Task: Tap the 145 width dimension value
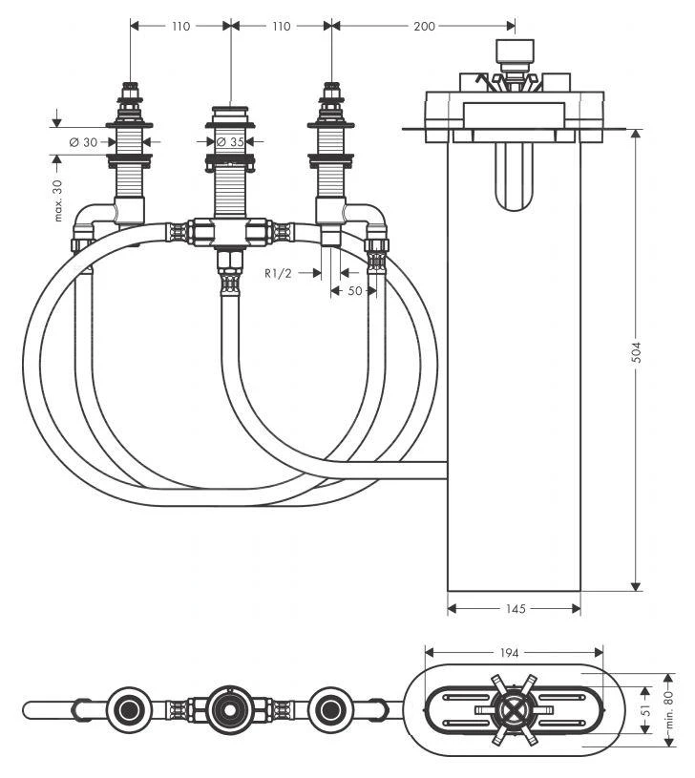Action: click(515, 608)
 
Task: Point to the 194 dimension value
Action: click(510, 653)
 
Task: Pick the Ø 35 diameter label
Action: click(229, 142)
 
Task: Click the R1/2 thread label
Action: click(279, 272)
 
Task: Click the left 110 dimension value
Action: click(179, 26)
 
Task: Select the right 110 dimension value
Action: click(281, 26)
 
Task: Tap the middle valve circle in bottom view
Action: click(229, 708)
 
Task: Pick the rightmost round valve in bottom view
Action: click(331, 708)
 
